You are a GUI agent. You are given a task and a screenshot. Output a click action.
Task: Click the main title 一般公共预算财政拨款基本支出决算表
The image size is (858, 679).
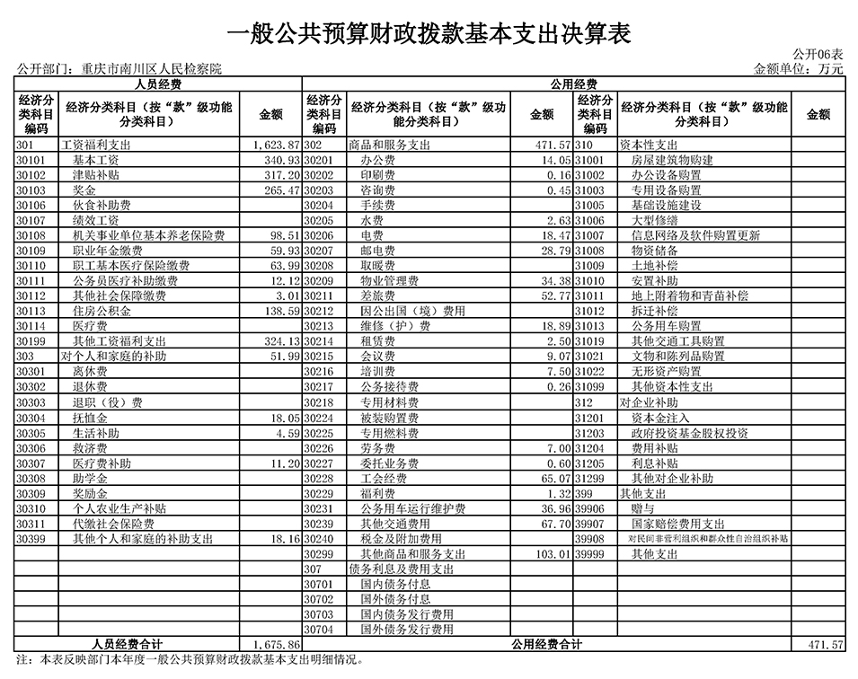point(428,33)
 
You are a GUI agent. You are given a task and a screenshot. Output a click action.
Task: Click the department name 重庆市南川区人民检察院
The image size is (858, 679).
point(150,69)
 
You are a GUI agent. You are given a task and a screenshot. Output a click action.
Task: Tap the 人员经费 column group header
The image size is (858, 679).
point(158,84)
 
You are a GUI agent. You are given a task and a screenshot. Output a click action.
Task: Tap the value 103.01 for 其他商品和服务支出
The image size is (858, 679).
point(550,554)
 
